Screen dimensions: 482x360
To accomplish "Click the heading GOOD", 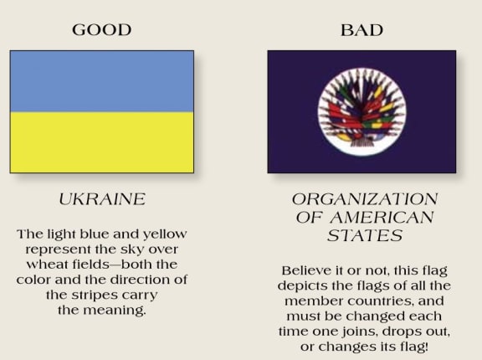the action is click(x=102, y=30).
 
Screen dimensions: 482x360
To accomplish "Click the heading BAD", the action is click(x=361, y=30).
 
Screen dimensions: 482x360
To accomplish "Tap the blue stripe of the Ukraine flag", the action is click(x=102, y=81).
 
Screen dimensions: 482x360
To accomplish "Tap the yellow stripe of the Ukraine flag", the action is click(x=102, y=142).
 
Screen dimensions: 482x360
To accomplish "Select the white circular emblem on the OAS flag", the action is click(x=361, y=111).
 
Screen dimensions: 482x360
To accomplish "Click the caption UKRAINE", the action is click(x=102, y=199).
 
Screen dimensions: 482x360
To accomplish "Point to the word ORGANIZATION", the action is click(x=365, y=199).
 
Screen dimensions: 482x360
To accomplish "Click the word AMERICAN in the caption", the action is click(x=382, y=218).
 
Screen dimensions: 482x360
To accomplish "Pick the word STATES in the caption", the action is click(x=365, y=236).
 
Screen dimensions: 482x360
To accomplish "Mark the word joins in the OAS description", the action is click(x=354, y=332).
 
